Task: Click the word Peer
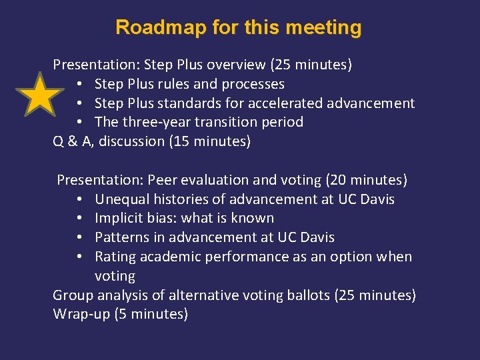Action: coord(163,180)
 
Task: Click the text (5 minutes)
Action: coord(153,314)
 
